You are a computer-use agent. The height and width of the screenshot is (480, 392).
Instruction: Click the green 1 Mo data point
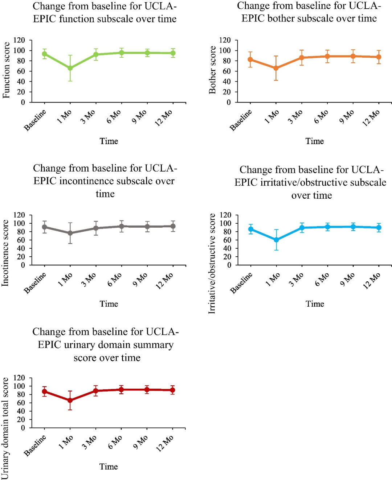(x=70, y=68)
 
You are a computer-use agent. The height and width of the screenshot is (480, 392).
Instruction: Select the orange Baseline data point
(x=250, y=59)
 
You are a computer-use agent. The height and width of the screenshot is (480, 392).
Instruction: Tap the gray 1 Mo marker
(x=70, y=233)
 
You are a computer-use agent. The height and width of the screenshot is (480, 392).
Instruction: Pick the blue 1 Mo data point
(x=276, y=240)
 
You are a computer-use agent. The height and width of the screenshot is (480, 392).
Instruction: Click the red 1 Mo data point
(x=70, y=400)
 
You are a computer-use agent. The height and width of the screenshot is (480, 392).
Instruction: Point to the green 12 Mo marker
(x=173, y=53)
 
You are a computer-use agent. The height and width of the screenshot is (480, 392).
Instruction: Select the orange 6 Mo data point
(x=327, y=56)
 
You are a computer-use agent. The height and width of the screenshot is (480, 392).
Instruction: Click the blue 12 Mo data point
(x=379, y=228)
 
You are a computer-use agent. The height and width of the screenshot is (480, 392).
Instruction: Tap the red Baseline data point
(x=44, y=392)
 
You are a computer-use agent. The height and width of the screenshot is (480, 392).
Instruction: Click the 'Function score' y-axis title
(x=6, y=70)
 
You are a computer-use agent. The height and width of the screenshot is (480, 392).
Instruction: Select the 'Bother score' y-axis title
(x=212, y=70)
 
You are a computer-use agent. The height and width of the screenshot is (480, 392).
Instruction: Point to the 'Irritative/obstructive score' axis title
(x=212, y=264)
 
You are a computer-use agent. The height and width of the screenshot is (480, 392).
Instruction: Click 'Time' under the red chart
(x=109, y=467)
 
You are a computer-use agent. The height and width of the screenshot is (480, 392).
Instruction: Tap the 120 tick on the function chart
(x=19, y=40)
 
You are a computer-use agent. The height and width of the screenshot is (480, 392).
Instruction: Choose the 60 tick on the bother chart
(x=226, y=71)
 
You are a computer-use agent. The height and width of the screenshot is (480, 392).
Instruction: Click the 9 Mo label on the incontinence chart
(x=140, y=280)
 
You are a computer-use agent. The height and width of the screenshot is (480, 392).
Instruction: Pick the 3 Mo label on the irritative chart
(x=296, y=280)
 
